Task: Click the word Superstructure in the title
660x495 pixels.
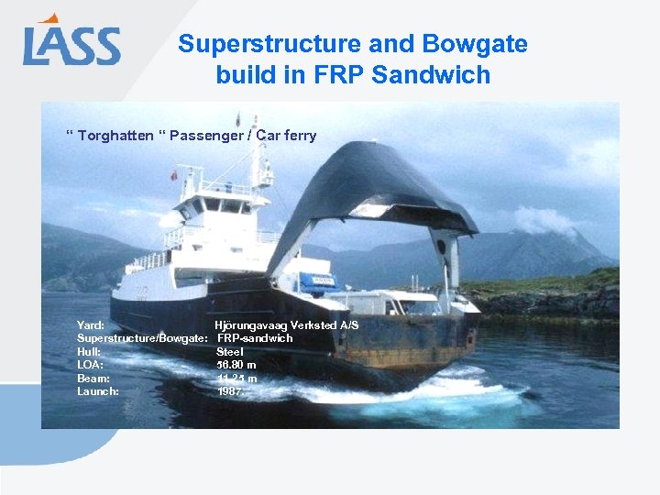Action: [x=251, y=44]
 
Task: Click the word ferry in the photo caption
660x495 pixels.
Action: [x=298, y=136]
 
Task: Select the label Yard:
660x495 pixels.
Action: [x=91, y=325]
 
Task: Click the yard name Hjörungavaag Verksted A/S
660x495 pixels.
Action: [x=286, y=325]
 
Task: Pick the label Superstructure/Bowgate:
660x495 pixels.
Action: [x=141, y=338]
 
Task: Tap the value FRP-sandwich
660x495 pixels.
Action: [x=255, y=338]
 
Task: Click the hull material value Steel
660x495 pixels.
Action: [x=230, y=352]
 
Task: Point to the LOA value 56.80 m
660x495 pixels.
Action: [x=236, y=365]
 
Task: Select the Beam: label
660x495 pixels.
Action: [x=93, y=379]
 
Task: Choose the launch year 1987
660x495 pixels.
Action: [x=230, y=391]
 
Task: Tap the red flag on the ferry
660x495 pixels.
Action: [x=172, y=175]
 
